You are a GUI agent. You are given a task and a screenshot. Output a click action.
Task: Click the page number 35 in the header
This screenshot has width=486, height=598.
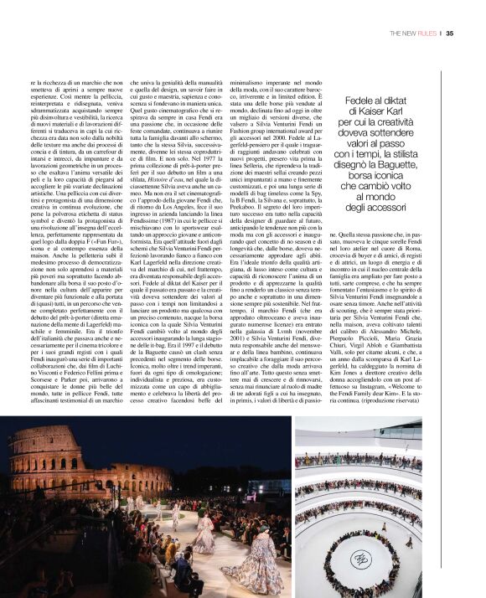tap(450, 34)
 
